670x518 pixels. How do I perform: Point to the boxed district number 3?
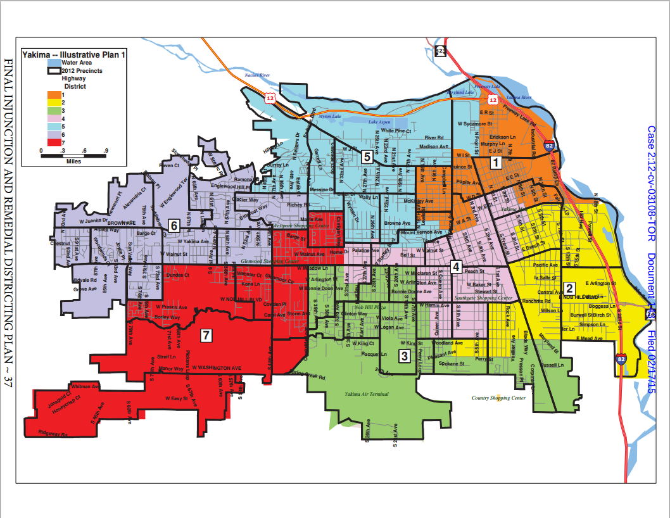pyautogui.click(x=403, y=356)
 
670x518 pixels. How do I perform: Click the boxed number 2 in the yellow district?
pyautogui.click(x=569, y=287)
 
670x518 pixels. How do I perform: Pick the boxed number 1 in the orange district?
pyautogui.click(x=497, y=162)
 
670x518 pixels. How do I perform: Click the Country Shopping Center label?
pyautogui.click(x=499, y=398)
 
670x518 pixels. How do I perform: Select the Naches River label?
pyautogui.click(x=257, y=75)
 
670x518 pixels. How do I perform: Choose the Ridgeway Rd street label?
pyautogui.click(x=53, y=433)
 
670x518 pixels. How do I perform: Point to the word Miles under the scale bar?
pyautogui.click(x=73, y=161)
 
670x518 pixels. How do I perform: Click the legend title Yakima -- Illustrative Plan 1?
pyautogui.click(x=74, y=55)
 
